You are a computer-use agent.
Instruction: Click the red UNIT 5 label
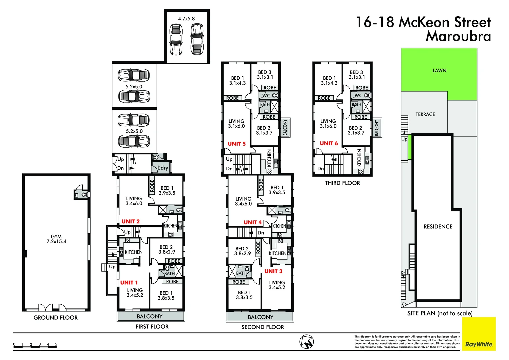point(236,144)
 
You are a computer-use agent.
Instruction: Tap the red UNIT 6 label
point(328,143)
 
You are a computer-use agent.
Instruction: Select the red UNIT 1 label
point(129,283)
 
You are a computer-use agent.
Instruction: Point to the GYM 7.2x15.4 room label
point(56,239)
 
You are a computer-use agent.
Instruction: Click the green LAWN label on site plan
point(439,70)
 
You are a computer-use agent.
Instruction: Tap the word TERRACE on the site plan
point(425,114)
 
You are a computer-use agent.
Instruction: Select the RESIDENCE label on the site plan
point(438,227)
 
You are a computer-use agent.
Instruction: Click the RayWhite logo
point(479,344)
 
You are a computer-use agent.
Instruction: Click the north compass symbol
point(306,342)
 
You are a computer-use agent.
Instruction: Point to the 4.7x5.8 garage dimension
point(186,19)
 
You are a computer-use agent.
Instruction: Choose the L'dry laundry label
point(163,168)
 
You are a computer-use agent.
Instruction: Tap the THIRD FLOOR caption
point(342,183)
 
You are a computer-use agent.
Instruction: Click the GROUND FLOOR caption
point(56,318)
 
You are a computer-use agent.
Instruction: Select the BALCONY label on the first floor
point(150,316)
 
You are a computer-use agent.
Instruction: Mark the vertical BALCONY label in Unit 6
point(377,128)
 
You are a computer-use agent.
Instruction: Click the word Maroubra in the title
point(458,36)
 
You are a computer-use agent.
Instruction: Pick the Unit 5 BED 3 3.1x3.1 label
point(265,75)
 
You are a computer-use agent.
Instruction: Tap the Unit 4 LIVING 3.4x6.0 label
point(243,201)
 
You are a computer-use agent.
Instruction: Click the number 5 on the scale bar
point(56,344)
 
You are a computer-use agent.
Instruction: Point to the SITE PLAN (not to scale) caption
point(440,313)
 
